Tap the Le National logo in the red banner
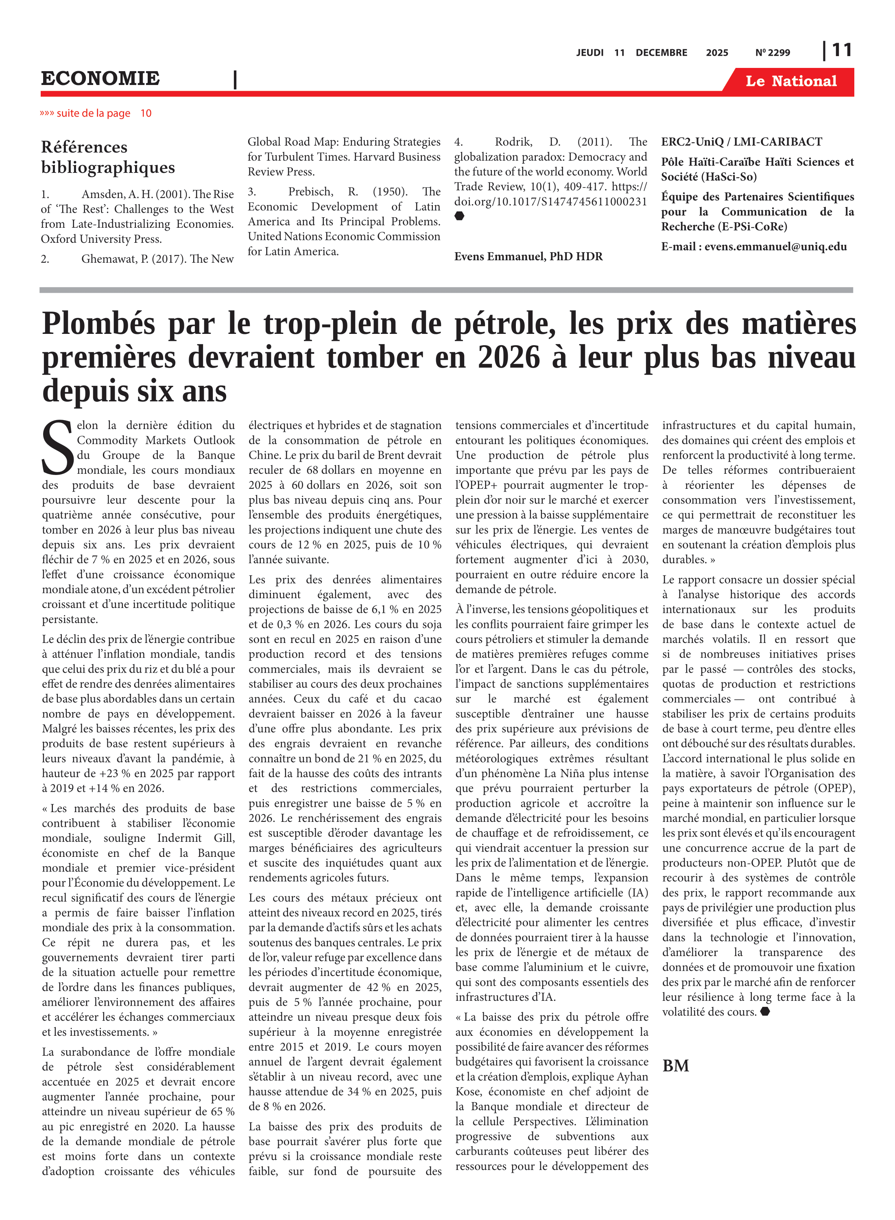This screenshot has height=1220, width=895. tap(790, 81)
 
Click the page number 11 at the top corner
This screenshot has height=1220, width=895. tap(841, 50)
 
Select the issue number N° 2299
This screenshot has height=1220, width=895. tap(773, 52)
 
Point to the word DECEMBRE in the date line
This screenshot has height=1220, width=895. tap(661, 52)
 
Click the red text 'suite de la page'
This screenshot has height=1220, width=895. tap(93, 113)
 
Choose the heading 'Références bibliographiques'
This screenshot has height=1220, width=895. tap(108, 157)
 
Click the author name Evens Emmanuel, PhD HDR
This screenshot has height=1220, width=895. tap(528, 256)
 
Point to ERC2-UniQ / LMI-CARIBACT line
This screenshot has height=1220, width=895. tap(741, 142)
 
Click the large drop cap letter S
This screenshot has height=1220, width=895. tap(57, 447)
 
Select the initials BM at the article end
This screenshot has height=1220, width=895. tap(676, 1066)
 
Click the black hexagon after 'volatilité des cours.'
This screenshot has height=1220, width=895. tap(765, 1011)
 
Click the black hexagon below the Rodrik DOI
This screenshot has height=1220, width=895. tap(459, 216)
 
